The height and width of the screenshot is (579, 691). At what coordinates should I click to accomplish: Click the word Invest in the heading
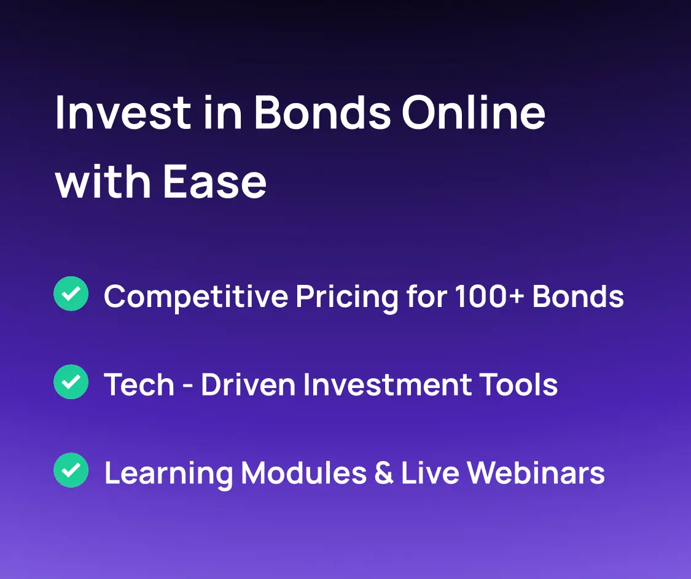point(123,113)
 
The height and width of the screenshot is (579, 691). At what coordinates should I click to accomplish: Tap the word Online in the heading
point(474,112)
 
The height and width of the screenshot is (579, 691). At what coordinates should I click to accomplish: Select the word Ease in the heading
point(214,181)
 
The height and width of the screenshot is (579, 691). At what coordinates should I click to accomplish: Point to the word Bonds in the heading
point(322,112)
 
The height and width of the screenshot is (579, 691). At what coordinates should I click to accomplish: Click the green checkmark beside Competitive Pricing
point(71,293)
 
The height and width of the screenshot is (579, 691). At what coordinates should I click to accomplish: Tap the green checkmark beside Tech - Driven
point(71,381)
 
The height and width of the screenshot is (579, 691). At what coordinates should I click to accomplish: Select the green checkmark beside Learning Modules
point(71,470)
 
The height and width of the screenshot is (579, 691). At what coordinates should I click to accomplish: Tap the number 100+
point(490,296)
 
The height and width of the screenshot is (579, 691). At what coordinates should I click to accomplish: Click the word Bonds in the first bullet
point(578,296)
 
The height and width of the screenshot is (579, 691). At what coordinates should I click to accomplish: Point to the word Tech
point(139,384)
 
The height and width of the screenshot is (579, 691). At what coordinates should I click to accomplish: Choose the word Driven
point(248,384)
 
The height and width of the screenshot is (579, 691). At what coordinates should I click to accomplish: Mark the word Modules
point(303,472)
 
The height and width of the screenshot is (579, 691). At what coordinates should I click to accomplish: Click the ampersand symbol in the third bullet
point(383,472)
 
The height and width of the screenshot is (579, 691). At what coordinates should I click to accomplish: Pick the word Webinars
point(536,472)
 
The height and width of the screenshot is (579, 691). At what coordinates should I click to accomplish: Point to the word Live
point(430,472)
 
